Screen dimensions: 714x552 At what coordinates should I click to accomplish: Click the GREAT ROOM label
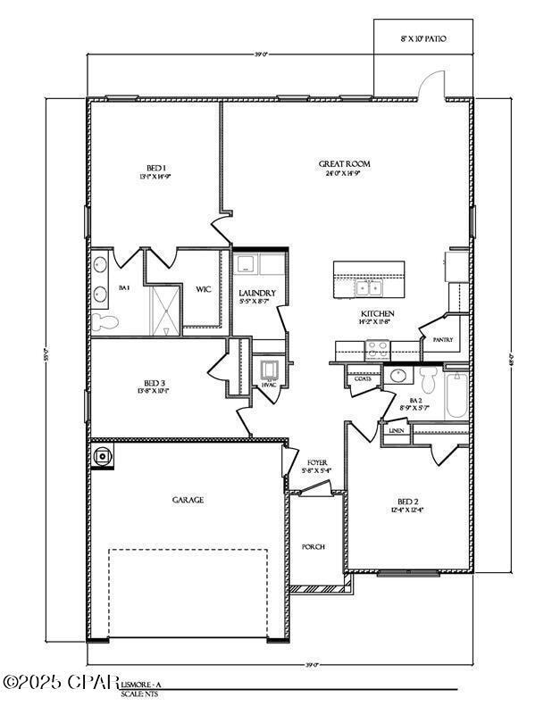click(x=344, y=164)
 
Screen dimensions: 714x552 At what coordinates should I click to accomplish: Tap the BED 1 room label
click(x=155, y=169)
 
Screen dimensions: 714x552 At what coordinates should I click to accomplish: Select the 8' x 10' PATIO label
click(x=422, y=39)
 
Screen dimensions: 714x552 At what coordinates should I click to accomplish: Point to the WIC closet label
click(x=203, y=288)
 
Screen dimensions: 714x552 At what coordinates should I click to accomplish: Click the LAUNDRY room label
click(x=257, y=293)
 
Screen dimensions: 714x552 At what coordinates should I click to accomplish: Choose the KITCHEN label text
click(x=377, y=314)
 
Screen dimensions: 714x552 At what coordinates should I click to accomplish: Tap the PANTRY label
click(x=442, y=339)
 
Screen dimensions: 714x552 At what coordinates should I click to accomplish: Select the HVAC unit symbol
click(x=269, y=370)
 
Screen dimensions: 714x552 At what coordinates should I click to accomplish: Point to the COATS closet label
click(x=363, y=378)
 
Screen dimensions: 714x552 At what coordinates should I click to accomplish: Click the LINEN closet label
click(x=397, y=430)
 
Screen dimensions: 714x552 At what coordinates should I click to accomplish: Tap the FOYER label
click(x=316, y=462)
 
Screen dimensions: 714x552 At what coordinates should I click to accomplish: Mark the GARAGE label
click(x=188, y=500)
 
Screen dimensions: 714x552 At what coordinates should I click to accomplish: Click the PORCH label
click(x=314, y=547)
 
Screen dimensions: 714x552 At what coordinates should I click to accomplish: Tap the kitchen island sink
click(x=368, y=287)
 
